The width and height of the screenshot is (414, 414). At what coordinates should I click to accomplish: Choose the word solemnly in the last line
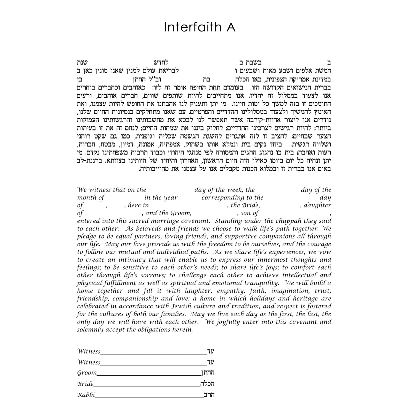89,330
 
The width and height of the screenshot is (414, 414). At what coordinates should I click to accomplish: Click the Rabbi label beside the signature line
86,395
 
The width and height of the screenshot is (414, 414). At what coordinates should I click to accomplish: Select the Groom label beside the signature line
87,373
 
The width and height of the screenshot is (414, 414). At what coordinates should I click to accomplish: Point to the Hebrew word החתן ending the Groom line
208,373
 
